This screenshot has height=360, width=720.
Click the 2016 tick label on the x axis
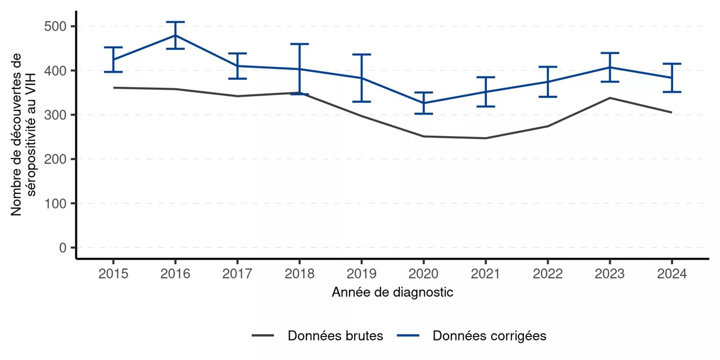(175, 274)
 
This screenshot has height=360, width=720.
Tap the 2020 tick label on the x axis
(423, 274)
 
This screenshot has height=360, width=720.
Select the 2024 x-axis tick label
(672, 274)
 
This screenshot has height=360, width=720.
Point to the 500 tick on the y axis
(55, 27)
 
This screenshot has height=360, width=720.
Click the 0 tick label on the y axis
(63, 248)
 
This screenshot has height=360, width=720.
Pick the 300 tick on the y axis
(55, 115)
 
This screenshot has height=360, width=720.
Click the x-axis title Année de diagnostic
(392, 292)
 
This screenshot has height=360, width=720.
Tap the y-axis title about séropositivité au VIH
(23, 135)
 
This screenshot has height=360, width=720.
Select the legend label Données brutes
(335, 336)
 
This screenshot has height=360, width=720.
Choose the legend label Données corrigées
(489, 336)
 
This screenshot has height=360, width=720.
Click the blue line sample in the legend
(408, 336)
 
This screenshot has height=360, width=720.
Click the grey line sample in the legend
(263, 336)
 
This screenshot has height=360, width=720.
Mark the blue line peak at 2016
(175, 35)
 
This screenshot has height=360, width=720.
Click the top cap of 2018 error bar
(299, 44)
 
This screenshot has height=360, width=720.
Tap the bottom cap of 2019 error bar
(361, 102)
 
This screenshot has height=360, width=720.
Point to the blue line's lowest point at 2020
(423, 103)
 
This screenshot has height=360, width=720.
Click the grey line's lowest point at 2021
(485, 138)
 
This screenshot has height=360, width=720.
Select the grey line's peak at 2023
(610, 98)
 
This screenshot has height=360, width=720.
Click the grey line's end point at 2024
(671, 112)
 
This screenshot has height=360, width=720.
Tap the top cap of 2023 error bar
(610, 53)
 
